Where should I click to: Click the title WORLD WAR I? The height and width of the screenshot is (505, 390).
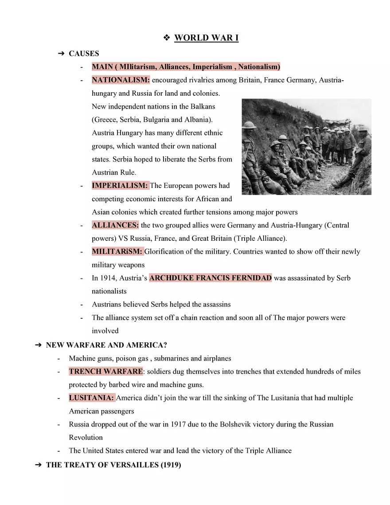206,38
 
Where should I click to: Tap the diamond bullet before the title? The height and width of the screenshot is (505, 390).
167,38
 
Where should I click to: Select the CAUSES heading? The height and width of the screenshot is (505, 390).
84,54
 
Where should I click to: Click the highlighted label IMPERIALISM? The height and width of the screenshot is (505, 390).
120,186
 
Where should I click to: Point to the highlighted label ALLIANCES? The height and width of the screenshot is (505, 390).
115,225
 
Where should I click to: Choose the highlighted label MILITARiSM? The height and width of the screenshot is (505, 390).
117,252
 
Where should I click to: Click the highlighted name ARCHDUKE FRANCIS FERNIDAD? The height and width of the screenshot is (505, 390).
211,278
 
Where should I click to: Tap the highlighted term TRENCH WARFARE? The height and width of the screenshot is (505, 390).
105,371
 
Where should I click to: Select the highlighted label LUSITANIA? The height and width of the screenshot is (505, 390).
91,398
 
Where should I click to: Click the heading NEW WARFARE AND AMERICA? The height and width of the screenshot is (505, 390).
106,345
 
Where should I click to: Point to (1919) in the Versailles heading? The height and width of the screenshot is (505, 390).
171,465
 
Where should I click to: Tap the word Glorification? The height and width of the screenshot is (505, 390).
165,252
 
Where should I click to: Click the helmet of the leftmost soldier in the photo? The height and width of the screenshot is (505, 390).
250,125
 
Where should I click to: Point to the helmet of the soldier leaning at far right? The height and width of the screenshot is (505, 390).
363,129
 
